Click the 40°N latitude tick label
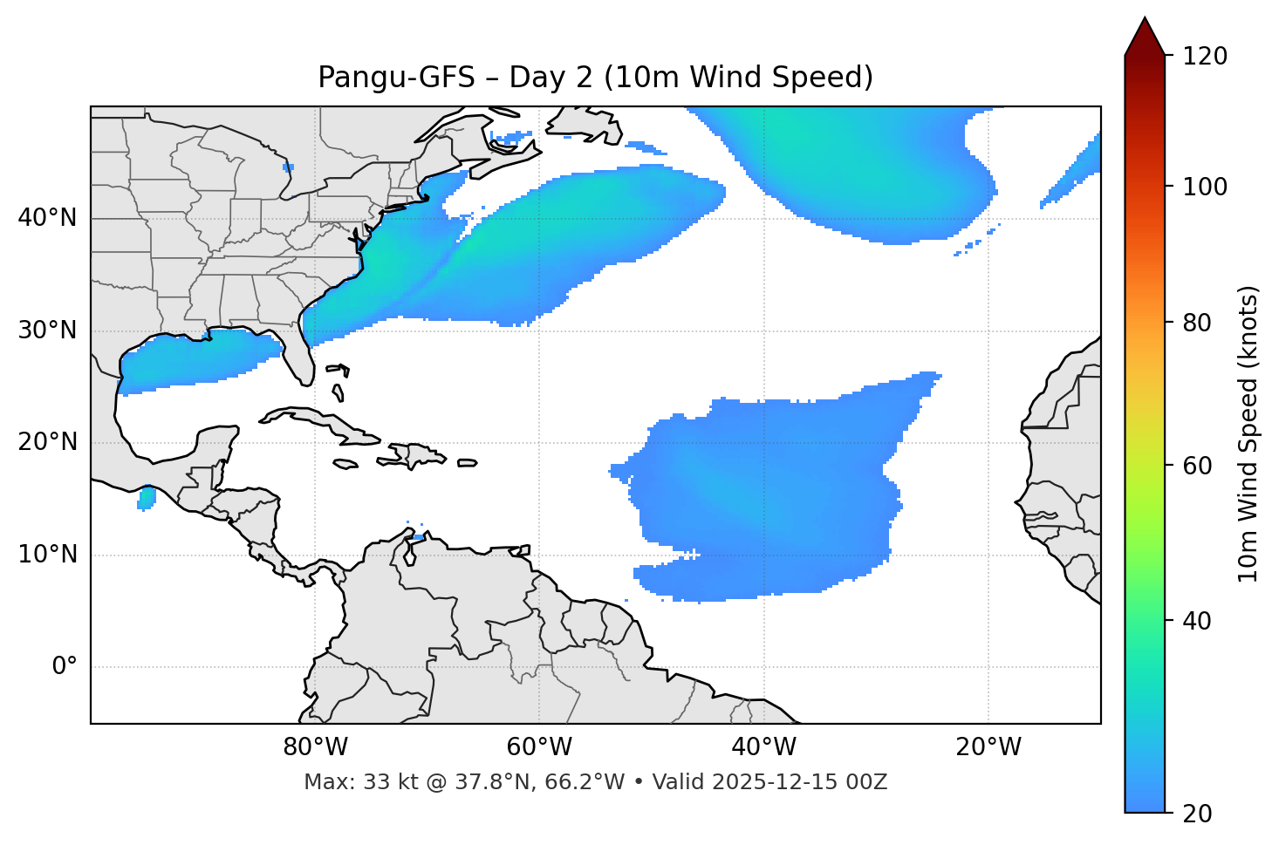(x=47, y=218)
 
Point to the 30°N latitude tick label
(x=47, y=331)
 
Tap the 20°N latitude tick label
(x=47, y=442)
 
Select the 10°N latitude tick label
(x=47, y=555)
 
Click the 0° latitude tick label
(x=65, y=667)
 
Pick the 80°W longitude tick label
(x=315, y=747)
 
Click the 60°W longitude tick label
(x=539, y=747)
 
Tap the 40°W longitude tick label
(x=763, y=747)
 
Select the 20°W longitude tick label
(x=988, y=747)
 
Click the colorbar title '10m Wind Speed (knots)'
(x=1248, y=433)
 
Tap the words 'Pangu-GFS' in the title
(x=396, y=78)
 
